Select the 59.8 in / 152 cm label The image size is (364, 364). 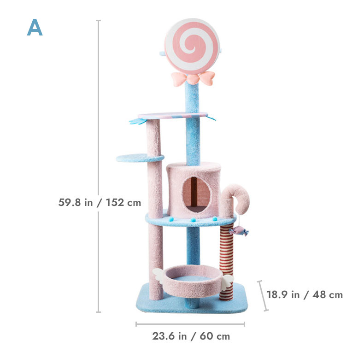[x=100, y=202]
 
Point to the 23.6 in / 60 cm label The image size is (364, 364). [x=191, y=336]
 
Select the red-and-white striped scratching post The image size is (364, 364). [x=226, y=263]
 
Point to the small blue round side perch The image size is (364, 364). [x=140, y=158]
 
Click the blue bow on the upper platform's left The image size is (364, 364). [x=137, y=122]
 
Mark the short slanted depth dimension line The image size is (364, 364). [x=263, y=295]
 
